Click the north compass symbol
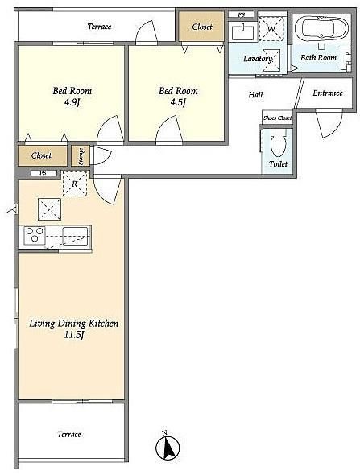point(168,447)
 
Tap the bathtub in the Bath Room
point(321,28)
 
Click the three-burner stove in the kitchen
point(35,235)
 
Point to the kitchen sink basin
point(75,236)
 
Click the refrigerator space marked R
point(75,184)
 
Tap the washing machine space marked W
point(272,29)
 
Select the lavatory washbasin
point(242,32)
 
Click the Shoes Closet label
point(277,118)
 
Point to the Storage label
point(81,156)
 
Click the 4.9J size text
point(72,102)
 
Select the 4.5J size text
point(178,102)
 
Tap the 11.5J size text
point(73,335)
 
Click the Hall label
point(255,95)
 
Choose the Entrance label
point(328,93)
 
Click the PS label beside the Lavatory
point(242,14)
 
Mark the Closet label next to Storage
point(41,155)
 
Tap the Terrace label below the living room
point(69,435)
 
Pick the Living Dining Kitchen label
point(73,324)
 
